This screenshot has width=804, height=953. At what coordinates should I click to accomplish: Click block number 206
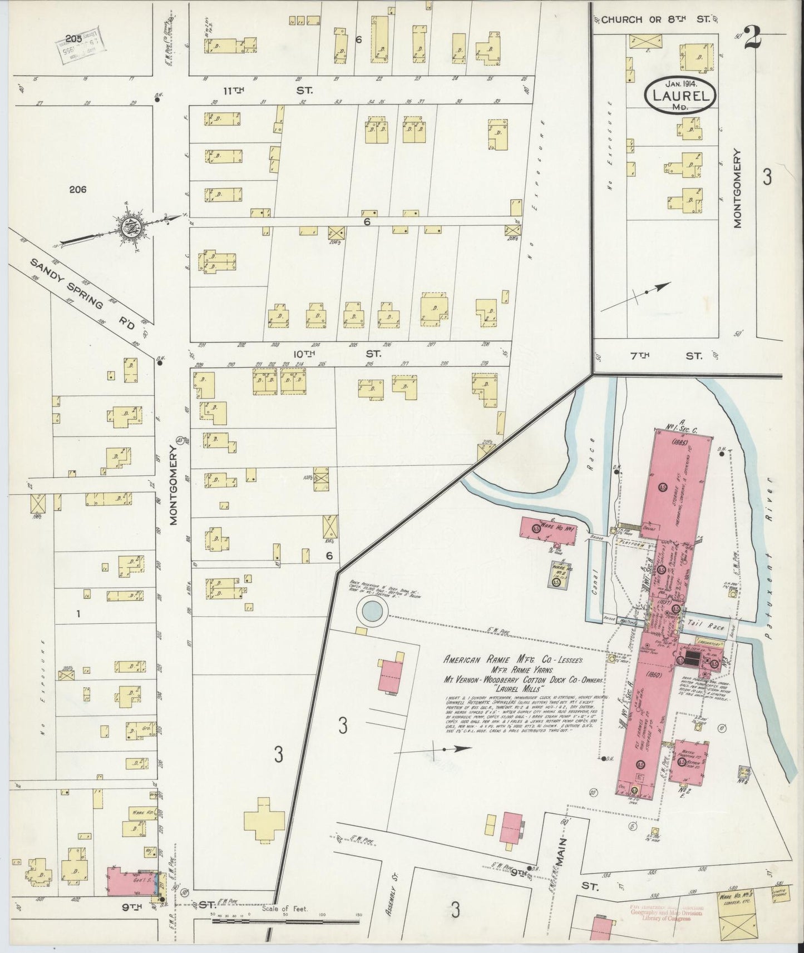(78, 190)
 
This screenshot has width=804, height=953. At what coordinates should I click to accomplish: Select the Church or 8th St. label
(655, 19)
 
